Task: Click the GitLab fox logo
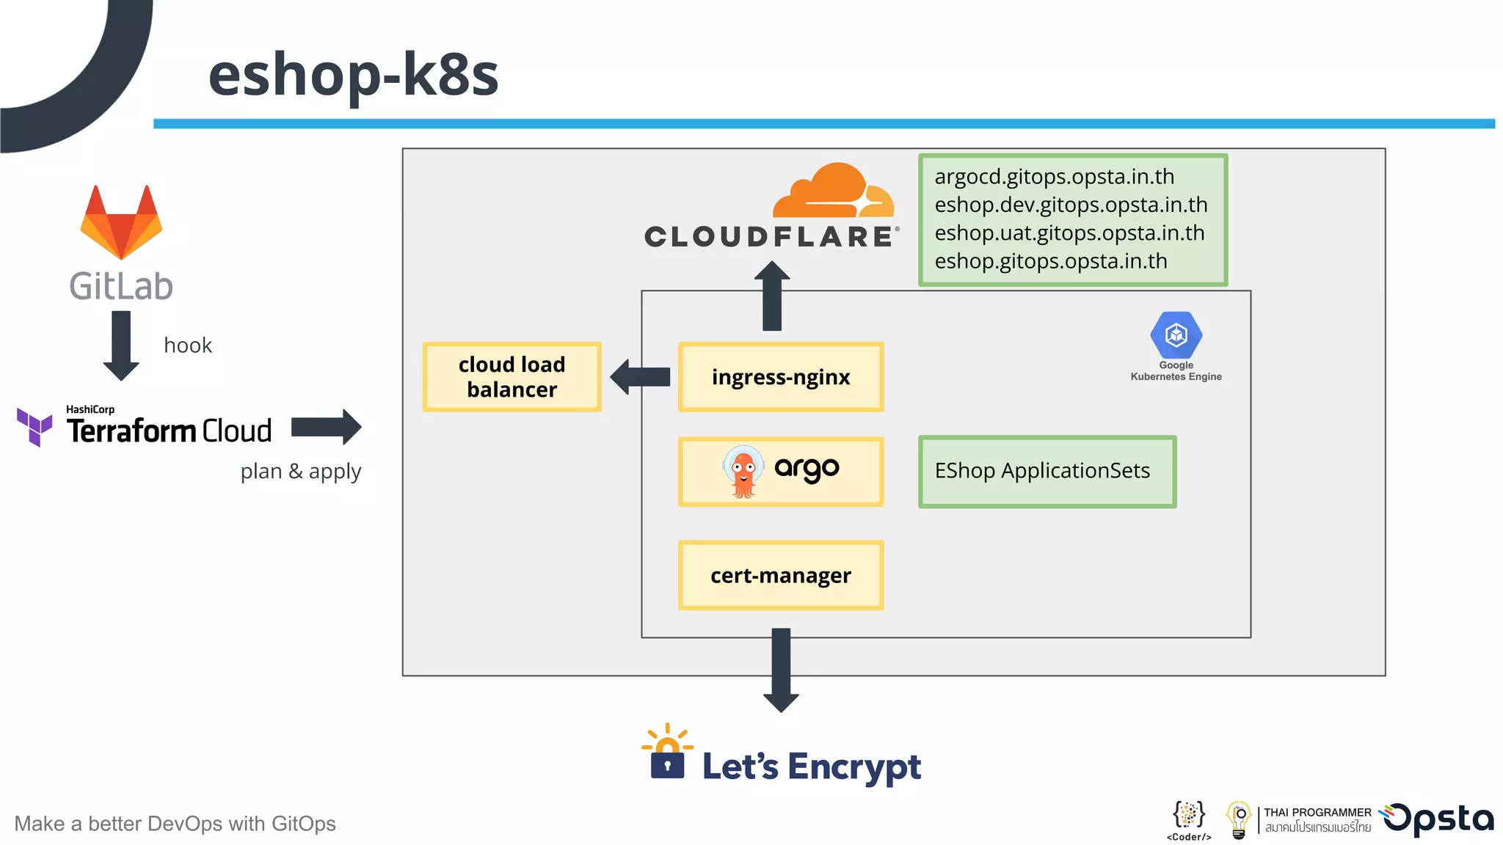coord(121,223)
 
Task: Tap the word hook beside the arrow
coord(188,345)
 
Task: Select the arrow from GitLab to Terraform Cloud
coord(121,345)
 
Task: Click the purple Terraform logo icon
coord(34,426)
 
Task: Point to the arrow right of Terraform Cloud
coord(326,427)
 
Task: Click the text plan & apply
coord(301,471)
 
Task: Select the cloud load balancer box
coord(512,377)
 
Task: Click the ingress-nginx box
coord(781,377)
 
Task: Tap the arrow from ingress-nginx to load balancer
coord(640,377)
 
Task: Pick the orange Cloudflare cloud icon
coord(834,191)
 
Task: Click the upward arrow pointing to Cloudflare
coord(772,296)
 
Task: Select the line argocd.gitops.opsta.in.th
coord(1054,177)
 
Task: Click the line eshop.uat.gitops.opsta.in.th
coord(1069,233)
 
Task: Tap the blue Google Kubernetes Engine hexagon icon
coord(1176,335)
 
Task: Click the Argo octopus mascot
coord(743,472)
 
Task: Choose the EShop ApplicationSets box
coord(1047,472)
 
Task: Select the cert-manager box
coord(781,576)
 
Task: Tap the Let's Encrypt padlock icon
coord(667,756)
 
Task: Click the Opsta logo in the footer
coord(1438,819)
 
